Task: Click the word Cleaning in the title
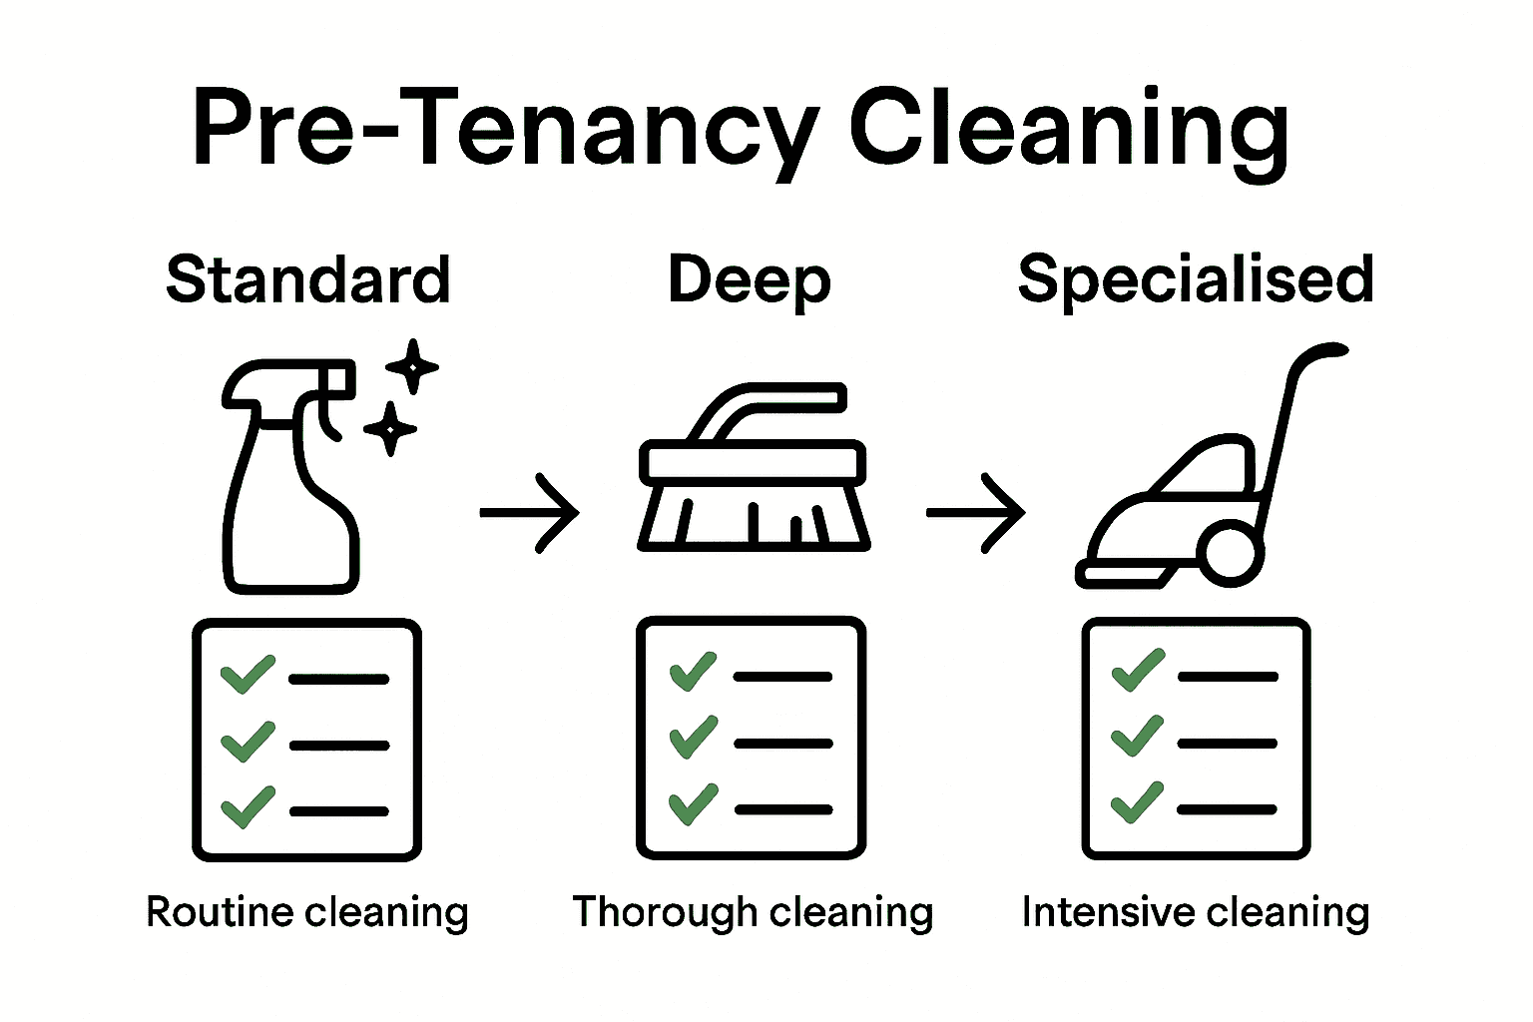pos(1068,130)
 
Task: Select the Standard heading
pos(308,279)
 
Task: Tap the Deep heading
pos(750,280)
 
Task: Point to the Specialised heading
pos(1196,279)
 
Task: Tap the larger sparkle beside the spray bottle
pos(412,366)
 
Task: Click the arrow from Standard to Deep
pos(529,513)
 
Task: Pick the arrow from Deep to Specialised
pos(975,513)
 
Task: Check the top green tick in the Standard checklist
pos(248,674)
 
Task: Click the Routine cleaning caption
pos(307,912)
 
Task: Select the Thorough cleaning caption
pos(753,912)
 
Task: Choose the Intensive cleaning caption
pos(1196,912)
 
